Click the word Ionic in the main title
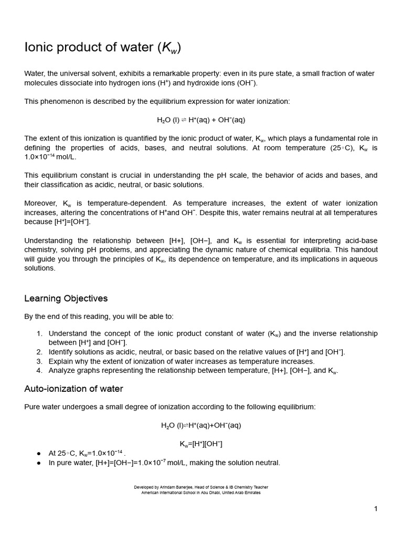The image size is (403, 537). click(39, 48)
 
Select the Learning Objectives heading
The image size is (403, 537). click(66, 298)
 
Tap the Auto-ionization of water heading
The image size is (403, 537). click(73, 389)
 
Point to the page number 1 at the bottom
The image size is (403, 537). click(376, 508)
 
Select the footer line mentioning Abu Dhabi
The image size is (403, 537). click(201, 493)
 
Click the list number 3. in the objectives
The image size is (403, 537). click(39, 361)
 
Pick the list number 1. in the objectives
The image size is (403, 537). click(39, 334)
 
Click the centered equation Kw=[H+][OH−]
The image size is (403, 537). click(201, 444)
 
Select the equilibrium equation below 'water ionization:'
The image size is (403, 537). click(201, 120)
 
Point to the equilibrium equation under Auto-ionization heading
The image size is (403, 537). click(201, 425)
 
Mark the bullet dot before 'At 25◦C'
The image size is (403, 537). click(39, 454)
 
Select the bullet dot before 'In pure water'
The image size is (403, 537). click(39, 463)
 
